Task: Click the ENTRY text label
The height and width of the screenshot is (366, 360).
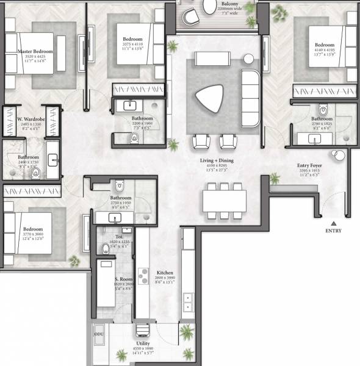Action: click(334, 231)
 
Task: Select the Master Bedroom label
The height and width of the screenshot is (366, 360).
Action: click(35, 52)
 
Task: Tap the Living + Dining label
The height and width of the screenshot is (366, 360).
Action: click(217, 161)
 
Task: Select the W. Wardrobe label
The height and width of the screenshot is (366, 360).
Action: click(29, 119)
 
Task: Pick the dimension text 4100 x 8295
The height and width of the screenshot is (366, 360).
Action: click(217, 167)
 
